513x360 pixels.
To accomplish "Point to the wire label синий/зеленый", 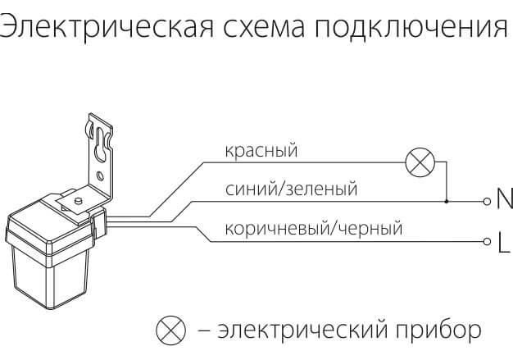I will pyautogui.click(x=292, y=190).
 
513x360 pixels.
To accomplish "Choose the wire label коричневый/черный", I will pyautogui.click(x=313, y=229).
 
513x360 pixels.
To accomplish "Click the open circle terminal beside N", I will pyautogui.click(x=486, y=202).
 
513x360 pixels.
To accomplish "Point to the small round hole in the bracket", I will pyautogui.click(x=100, y=175).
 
